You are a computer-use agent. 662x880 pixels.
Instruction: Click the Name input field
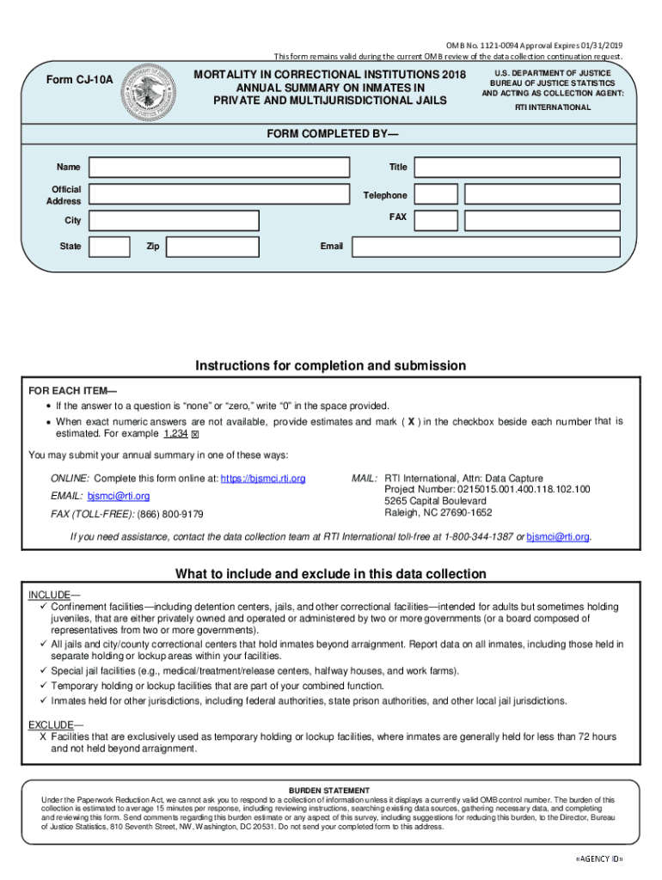pos(219,168)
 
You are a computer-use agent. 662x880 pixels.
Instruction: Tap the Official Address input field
pos(219,194)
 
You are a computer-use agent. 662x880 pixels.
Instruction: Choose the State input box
pos(110,247)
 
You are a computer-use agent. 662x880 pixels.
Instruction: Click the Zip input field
pos(211,247)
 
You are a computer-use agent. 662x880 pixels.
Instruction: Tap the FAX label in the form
pos(397,217)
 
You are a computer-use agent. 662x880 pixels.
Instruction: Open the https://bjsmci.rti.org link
pos(263,478)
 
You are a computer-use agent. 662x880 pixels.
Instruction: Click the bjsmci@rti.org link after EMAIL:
pos(119,496)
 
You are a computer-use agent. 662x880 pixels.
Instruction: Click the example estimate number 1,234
pos(175,434)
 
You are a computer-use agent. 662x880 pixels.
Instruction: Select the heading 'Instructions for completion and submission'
pos(331,366)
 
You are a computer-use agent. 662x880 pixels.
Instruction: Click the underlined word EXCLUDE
pos(51,724)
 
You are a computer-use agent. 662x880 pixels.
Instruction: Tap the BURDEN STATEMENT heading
pos(329,790)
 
